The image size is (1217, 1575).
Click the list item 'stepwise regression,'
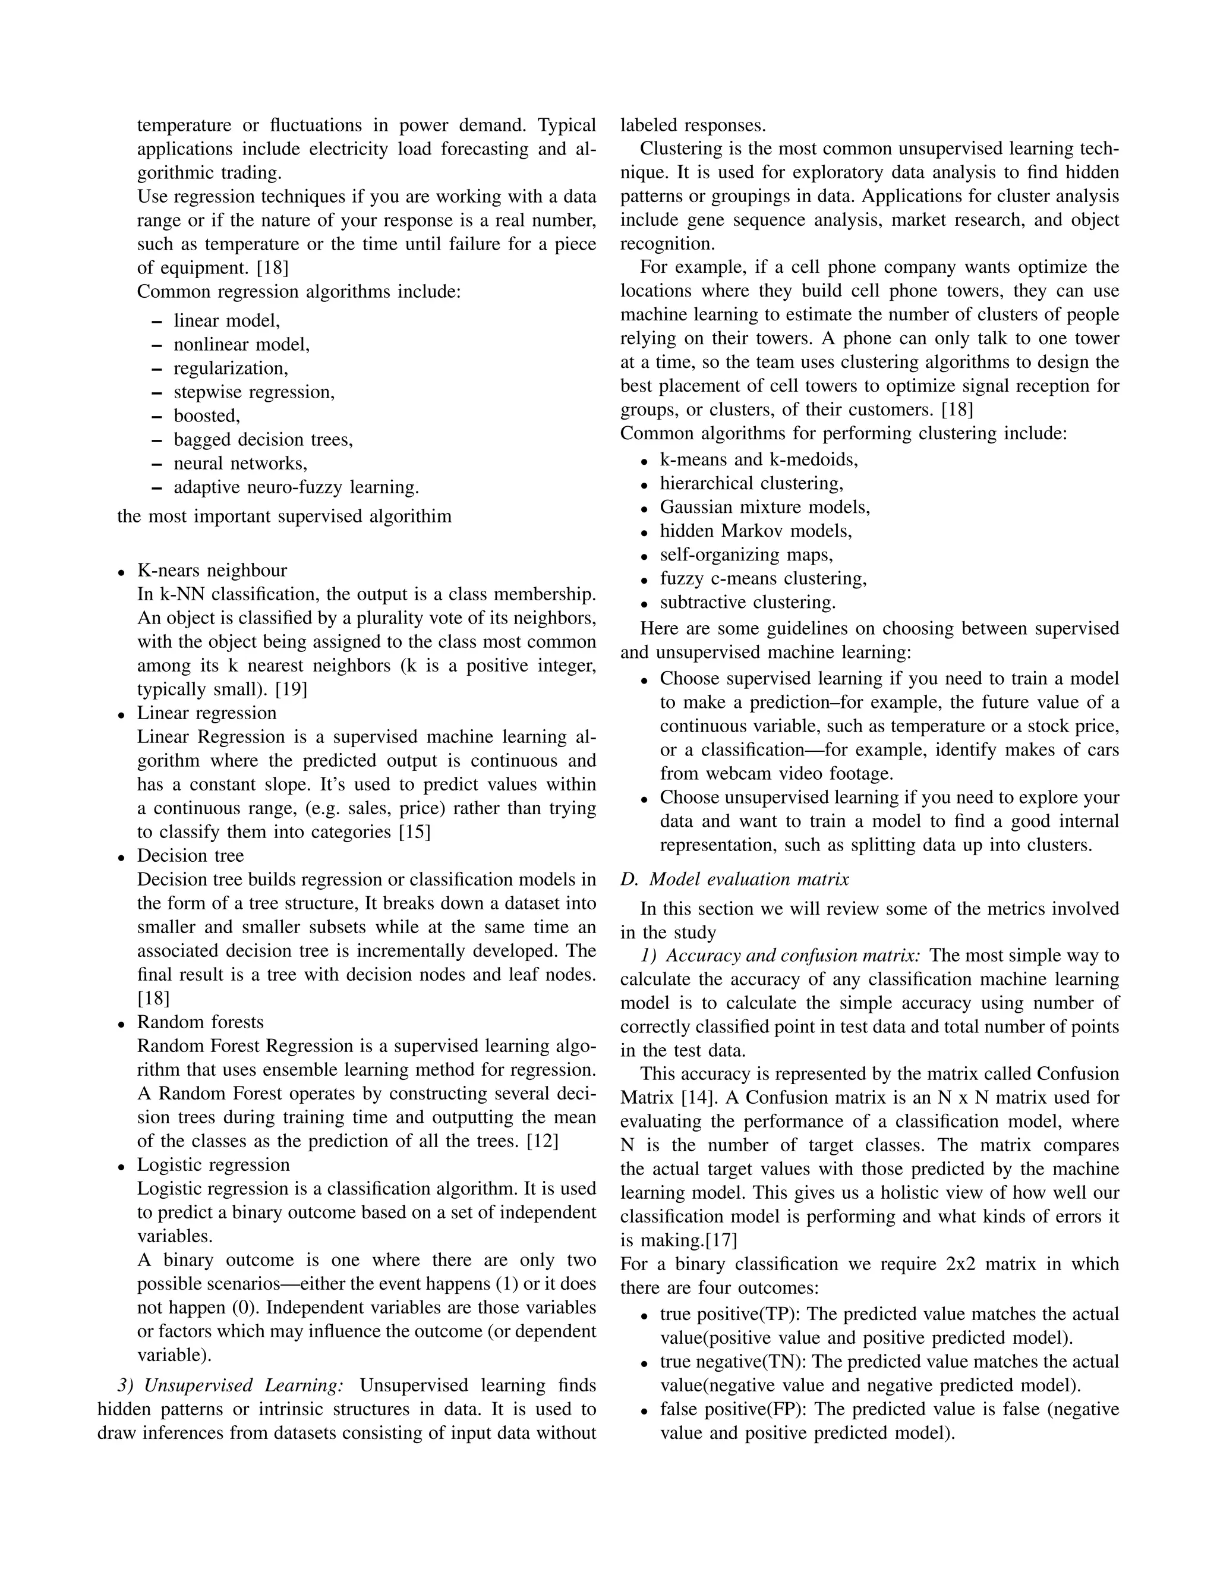pos(254,392)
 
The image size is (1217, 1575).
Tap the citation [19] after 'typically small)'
pos(291,689)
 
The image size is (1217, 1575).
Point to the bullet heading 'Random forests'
pos(200,1023)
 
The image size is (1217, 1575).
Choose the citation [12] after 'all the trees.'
pos(542,1142)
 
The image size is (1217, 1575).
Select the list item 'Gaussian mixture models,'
pos(765,507)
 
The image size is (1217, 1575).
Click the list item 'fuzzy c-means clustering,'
pos(764,578)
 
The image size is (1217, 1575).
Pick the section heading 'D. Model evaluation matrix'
pos(734,879)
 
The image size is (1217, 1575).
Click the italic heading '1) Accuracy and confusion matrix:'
pos(781,956)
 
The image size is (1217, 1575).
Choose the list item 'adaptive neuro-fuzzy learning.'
pos(295,487)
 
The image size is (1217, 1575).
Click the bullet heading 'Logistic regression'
pos(213,1165)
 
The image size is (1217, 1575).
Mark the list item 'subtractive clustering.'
pos(748,602)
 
